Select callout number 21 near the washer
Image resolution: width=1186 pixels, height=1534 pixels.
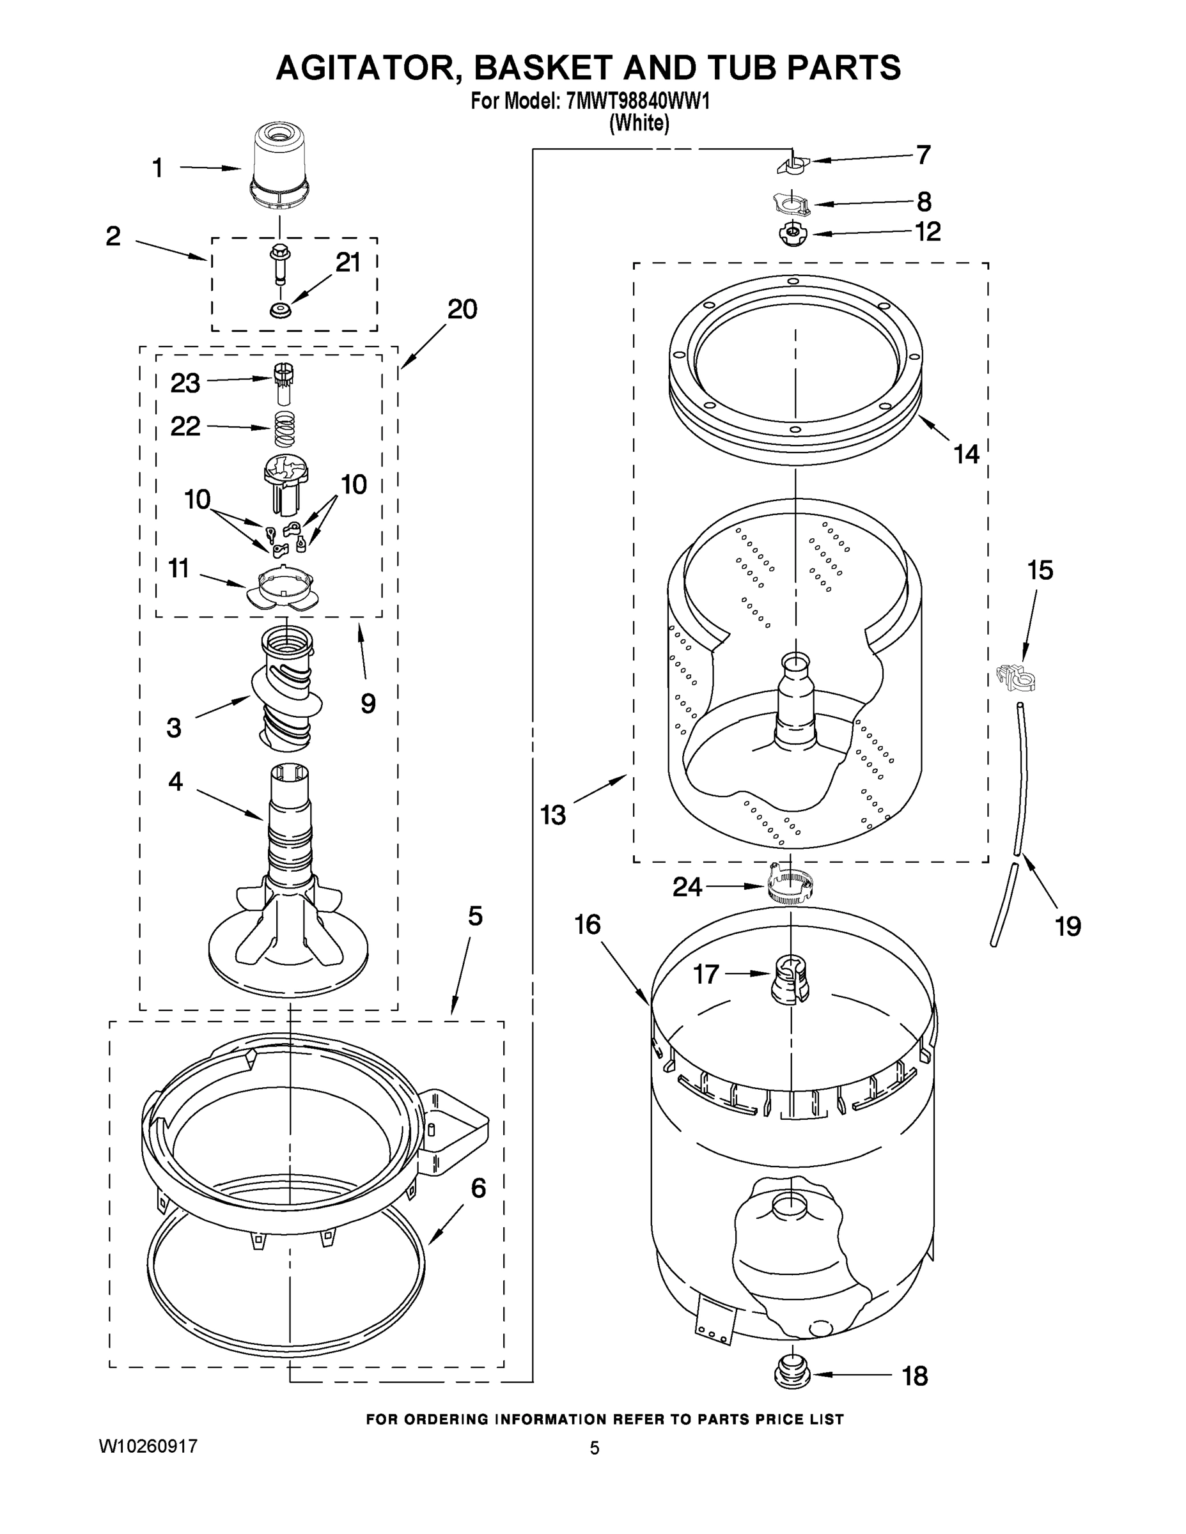[x=348, y=263]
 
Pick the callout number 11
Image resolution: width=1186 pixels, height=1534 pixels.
[x=178, y=568]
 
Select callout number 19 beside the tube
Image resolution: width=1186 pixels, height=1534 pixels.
[x=1068, y=927]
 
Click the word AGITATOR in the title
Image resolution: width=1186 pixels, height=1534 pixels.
[x=365, y=68]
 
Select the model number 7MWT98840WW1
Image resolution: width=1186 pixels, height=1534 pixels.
[x=637, y=102]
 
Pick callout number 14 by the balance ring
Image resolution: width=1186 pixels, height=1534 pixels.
[x=966, y=454]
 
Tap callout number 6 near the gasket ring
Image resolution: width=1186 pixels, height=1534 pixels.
[x=478, y=1188]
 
